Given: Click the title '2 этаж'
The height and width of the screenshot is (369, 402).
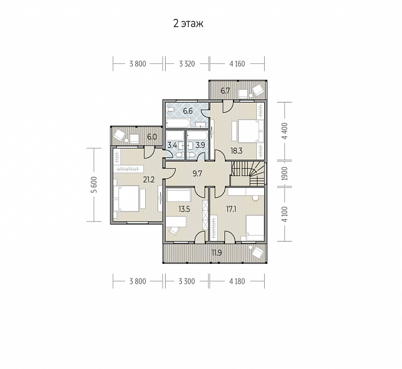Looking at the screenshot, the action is pyautogui.click(x=188, y=24).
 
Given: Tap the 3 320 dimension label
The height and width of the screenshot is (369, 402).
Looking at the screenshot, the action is pyautogui.click(x=187, y=64).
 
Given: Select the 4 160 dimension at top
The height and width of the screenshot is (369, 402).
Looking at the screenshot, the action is pyautogui.click(x=237, y=64).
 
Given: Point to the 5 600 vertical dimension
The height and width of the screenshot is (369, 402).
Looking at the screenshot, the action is pyautogui.click(x=94, y=184).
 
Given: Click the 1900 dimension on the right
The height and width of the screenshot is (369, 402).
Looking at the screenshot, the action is pyautogui.click(x=285, y=173).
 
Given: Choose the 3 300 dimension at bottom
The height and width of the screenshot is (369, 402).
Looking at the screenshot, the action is pyautogui.click(x=187, y=281).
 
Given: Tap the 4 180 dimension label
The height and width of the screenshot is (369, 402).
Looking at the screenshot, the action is pyautogui.click(x=237, y=281).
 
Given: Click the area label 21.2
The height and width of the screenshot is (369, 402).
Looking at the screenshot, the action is pyautogui.click(x=149, y=180).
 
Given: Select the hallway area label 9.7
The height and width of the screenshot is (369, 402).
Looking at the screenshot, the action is pyautogui.click(x=197, y=174).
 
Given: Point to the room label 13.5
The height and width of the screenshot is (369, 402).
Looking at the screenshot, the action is pyautogui.click(x=184, y=209).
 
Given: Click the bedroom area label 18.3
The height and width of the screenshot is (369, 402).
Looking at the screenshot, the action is pyautogui.click(x=236, y=151).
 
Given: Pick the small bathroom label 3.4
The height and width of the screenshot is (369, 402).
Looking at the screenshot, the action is pyautogui.click(x=172, y=145).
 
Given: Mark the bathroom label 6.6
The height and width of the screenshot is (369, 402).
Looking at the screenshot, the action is pyautogui.click(x=188, y=111).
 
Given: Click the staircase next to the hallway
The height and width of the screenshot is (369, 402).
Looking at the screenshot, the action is pyautogui.click(x=248, y=173).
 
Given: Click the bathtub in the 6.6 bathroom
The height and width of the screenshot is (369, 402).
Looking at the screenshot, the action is pyautogui.click(x=178, y=123).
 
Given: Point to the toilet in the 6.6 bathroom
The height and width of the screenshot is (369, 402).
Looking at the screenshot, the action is pyautogui.click(x=170, y=110).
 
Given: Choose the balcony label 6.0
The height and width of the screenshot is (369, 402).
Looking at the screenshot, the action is pyautogui.click(x=152, y=137).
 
